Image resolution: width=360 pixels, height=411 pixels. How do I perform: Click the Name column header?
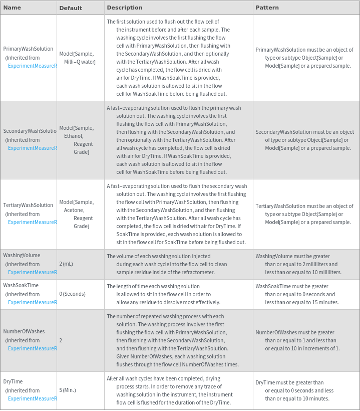(12, 8)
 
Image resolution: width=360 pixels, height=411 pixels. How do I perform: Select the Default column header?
(71, 8)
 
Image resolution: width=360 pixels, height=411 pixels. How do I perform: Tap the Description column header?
(125, 8)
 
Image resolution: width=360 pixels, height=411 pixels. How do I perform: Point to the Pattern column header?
(267, 8)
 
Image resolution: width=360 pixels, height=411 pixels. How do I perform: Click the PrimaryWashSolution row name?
(28, 49)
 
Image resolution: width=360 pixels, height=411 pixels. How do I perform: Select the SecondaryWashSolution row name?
(30, 131)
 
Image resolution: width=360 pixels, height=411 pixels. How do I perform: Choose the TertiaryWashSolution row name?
(28, 205)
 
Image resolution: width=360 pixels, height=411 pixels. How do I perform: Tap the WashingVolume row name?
(22, 255)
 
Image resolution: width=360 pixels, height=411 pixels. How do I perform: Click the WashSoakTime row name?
(21, 285)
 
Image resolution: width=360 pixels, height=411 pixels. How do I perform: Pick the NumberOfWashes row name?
(24, 331)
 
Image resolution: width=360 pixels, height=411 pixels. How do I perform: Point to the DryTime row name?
(13, 381)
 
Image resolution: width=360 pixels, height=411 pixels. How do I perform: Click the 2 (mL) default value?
(66, 264)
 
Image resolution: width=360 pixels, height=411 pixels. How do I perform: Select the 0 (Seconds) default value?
(72, 294)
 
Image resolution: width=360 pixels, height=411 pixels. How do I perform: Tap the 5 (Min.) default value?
(68, 390)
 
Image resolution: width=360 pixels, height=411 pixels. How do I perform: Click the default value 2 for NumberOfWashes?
(61, 340)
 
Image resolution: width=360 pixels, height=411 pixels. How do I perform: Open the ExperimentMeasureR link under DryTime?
(33, 398)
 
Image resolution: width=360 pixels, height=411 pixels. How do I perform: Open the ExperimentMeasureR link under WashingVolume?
(33, 272)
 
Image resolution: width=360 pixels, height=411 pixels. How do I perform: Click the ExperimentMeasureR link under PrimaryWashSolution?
(33, 66)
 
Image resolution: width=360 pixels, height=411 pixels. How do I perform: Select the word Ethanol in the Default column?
(74, 136)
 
